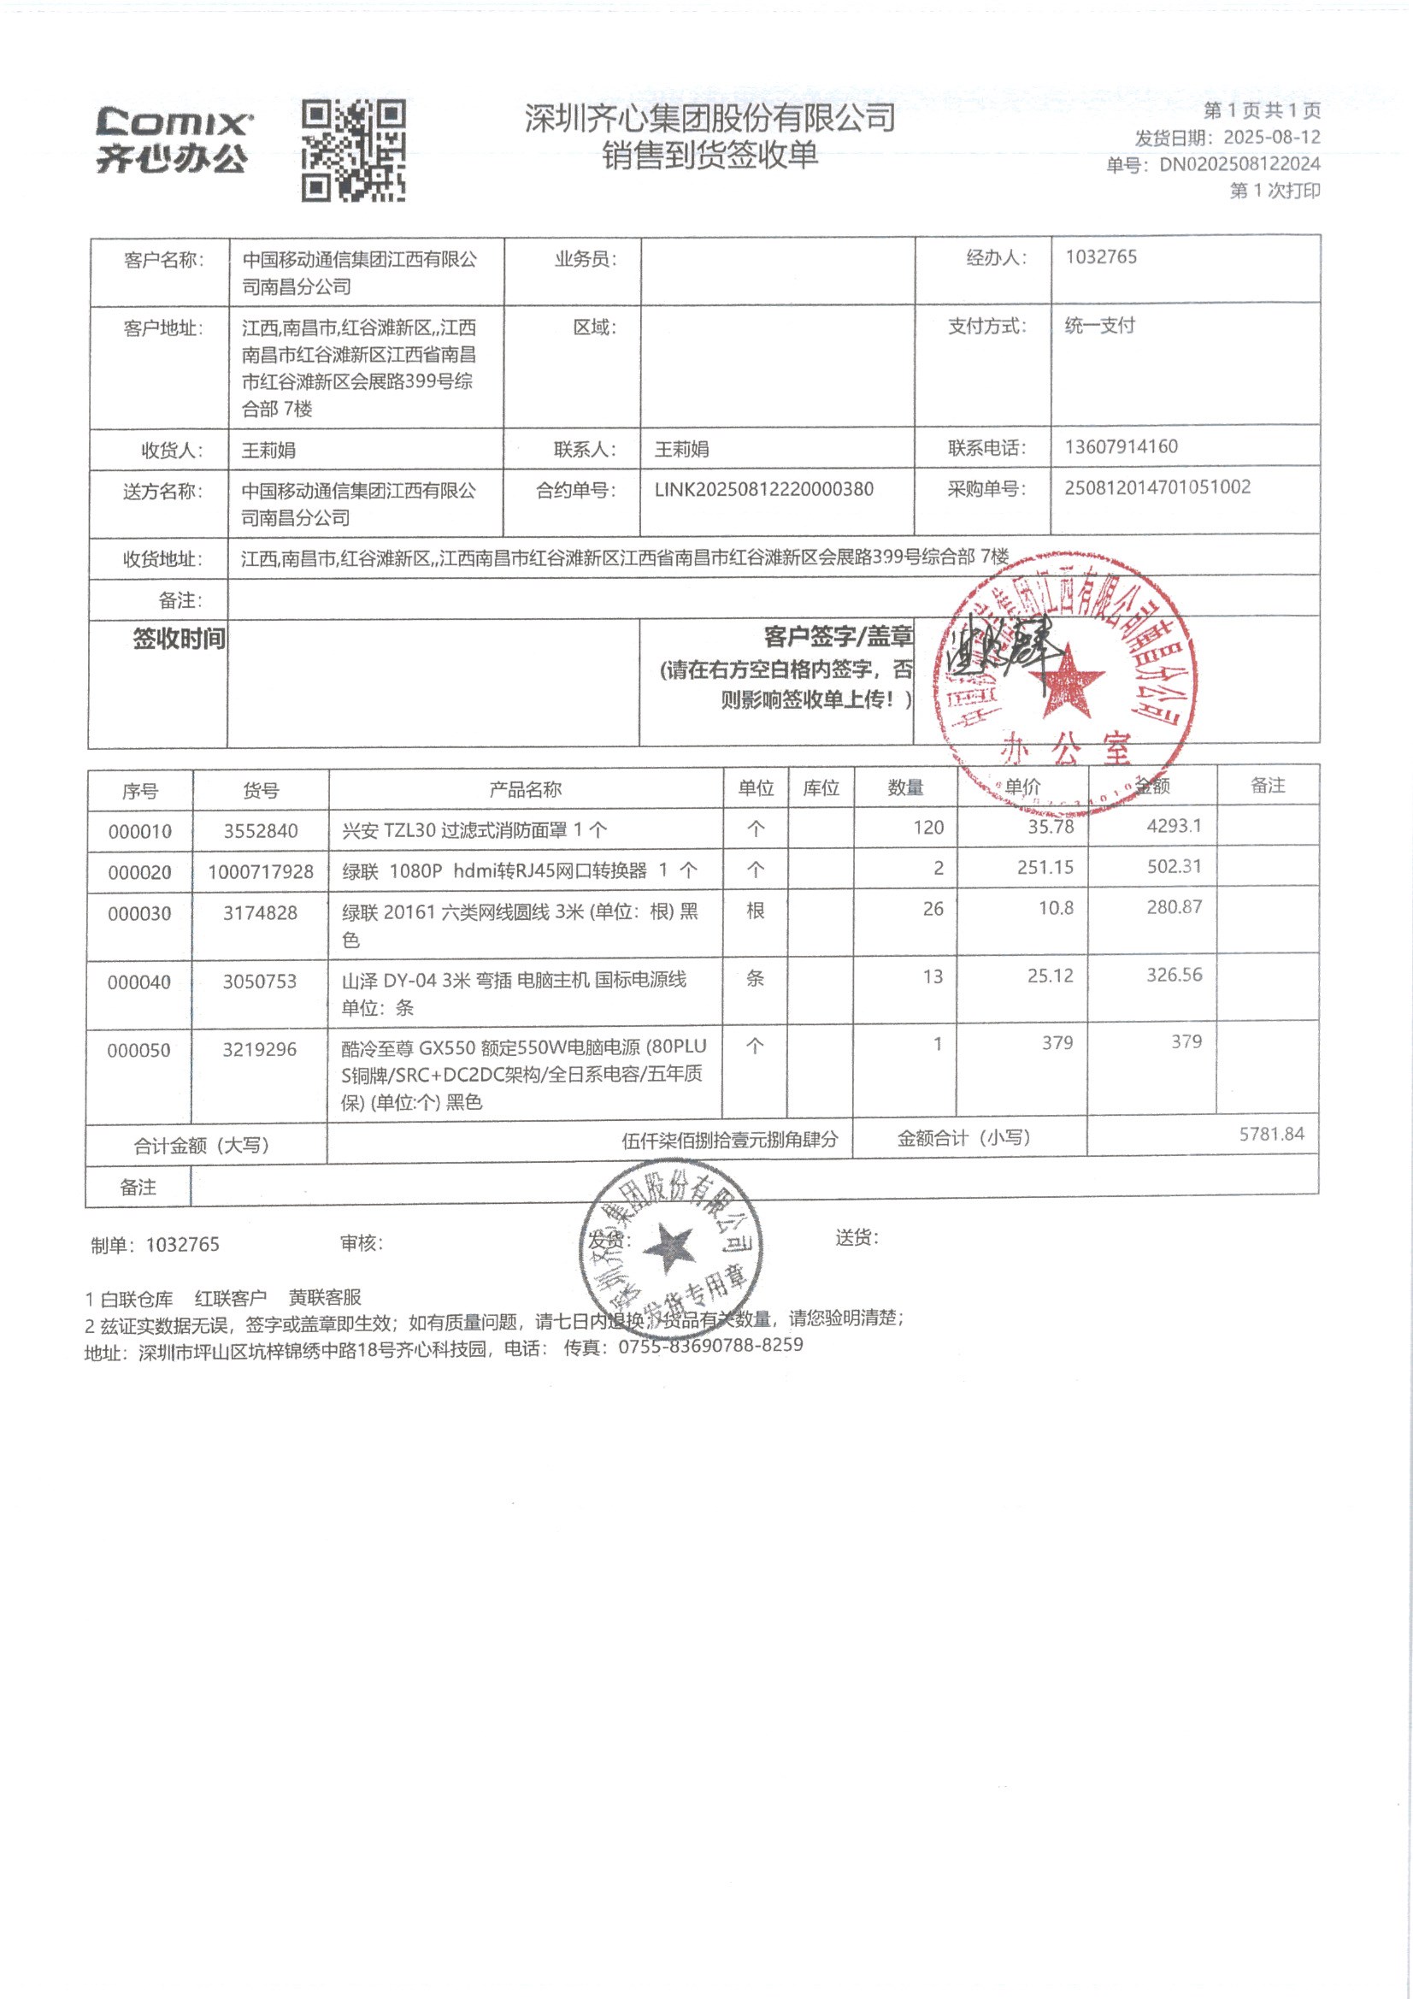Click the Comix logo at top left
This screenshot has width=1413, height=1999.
tap(174, 140)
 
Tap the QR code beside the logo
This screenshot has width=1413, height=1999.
tap(354, 150)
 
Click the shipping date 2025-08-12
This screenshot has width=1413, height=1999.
tap(1271, 138)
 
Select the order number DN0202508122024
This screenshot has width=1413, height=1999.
tap(1239, 163)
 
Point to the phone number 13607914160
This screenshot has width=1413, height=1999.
tap(1121, 446)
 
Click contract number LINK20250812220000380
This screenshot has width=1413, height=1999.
tap(763, 489)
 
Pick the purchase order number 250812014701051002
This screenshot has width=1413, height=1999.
tap(1157, 487)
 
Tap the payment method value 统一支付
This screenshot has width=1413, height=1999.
tap(1099, 326)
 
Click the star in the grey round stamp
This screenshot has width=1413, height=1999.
tap(668, 1247)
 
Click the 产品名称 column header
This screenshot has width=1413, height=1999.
tap(525, 790)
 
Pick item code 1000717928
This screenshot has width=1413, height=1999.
tap(261, 871)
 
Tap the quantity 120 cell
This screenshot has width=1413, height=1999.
tap(928, 827)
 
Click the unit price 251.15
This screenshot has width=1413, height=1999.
tap(1045, 867)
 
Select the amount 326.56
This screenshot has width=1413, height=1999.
tap(1174, 975)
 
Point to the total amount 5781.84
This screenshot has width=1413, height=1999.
tap(1271, 1134)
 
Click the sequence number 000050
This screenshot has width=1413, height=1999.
tap(139, 1050)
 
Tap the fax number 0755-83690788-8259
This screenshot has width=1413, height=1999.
tap(710, 1345)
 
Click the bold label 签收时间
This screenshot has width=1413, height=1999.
tap(179, 639)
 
